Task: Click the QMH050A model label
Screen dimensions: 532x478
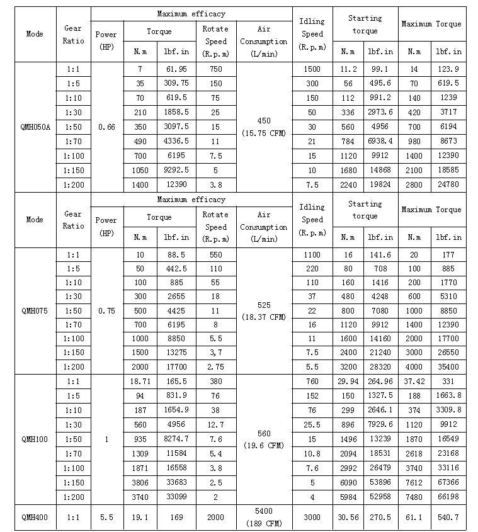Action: [x=35, y=127]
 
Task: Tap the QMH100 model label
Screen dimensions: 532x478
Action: [x=35, y=439]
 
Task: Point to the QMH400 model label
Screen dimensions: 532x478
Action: [x=35, y=518]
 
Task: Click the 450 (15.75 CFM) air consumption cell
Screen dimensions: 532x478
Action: [x=264, y=127]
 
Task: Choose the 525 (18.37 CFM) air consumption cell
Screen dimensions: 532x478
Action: [x=264, y=311]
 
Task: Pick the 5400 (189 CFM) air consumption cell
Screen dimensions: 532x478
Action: [x=264, y=517]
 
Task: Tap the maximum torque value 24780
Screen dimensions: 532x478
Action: [x=448, y=185]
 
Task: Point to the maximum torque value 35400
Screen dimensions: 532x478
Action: [x=448, y=367]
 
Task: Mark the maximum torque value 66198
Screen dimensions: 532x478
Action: [x=448, y=497]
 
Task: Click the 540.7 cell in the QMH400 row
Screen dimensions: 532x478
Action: [x=448, y=518]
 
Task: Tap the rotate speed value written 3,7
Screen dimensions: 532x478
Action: [x=215, y=353]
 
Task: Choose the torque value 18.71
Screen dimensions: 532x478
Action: [x=140, y=382]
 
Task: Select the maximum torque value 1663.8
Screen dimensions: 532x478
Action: [x=448, y=396]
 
